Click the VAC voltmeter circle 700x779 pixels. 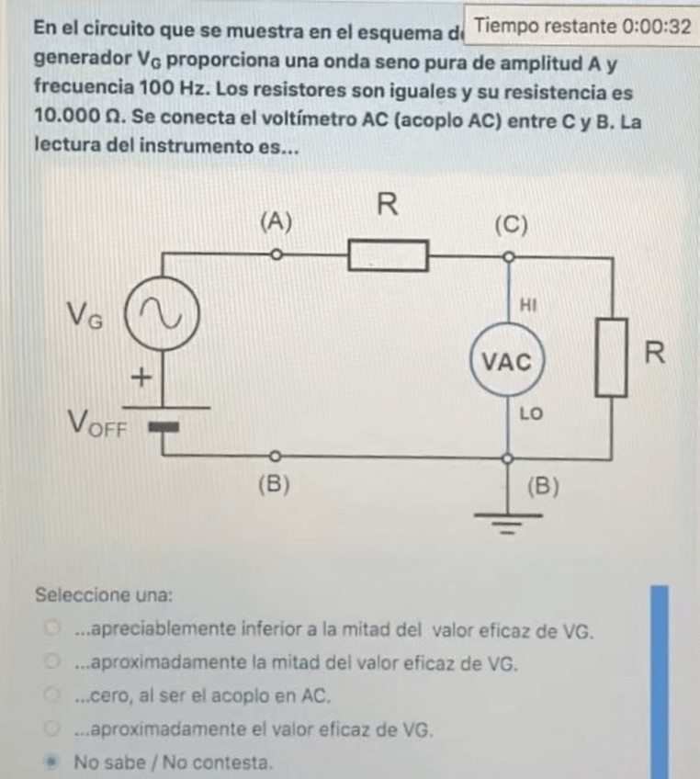(x=508, y=361)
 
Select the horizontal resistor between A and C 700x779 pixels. (x=388, y=254)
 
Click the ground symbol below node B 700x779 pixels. (x=508, y=521)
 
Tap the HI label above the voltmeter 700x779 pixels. (x=527, y=302)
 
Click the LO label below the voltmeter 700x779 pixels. (x=531, y=415)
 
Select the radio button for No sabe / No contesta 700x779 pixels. (x=54, y=762)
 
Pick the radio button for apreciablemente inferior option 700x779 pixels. (x=54, y=630)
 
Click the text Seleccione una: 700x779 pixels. (x=104, y=594)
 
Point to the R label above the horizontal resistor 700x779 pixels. (x=388, y=206)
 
